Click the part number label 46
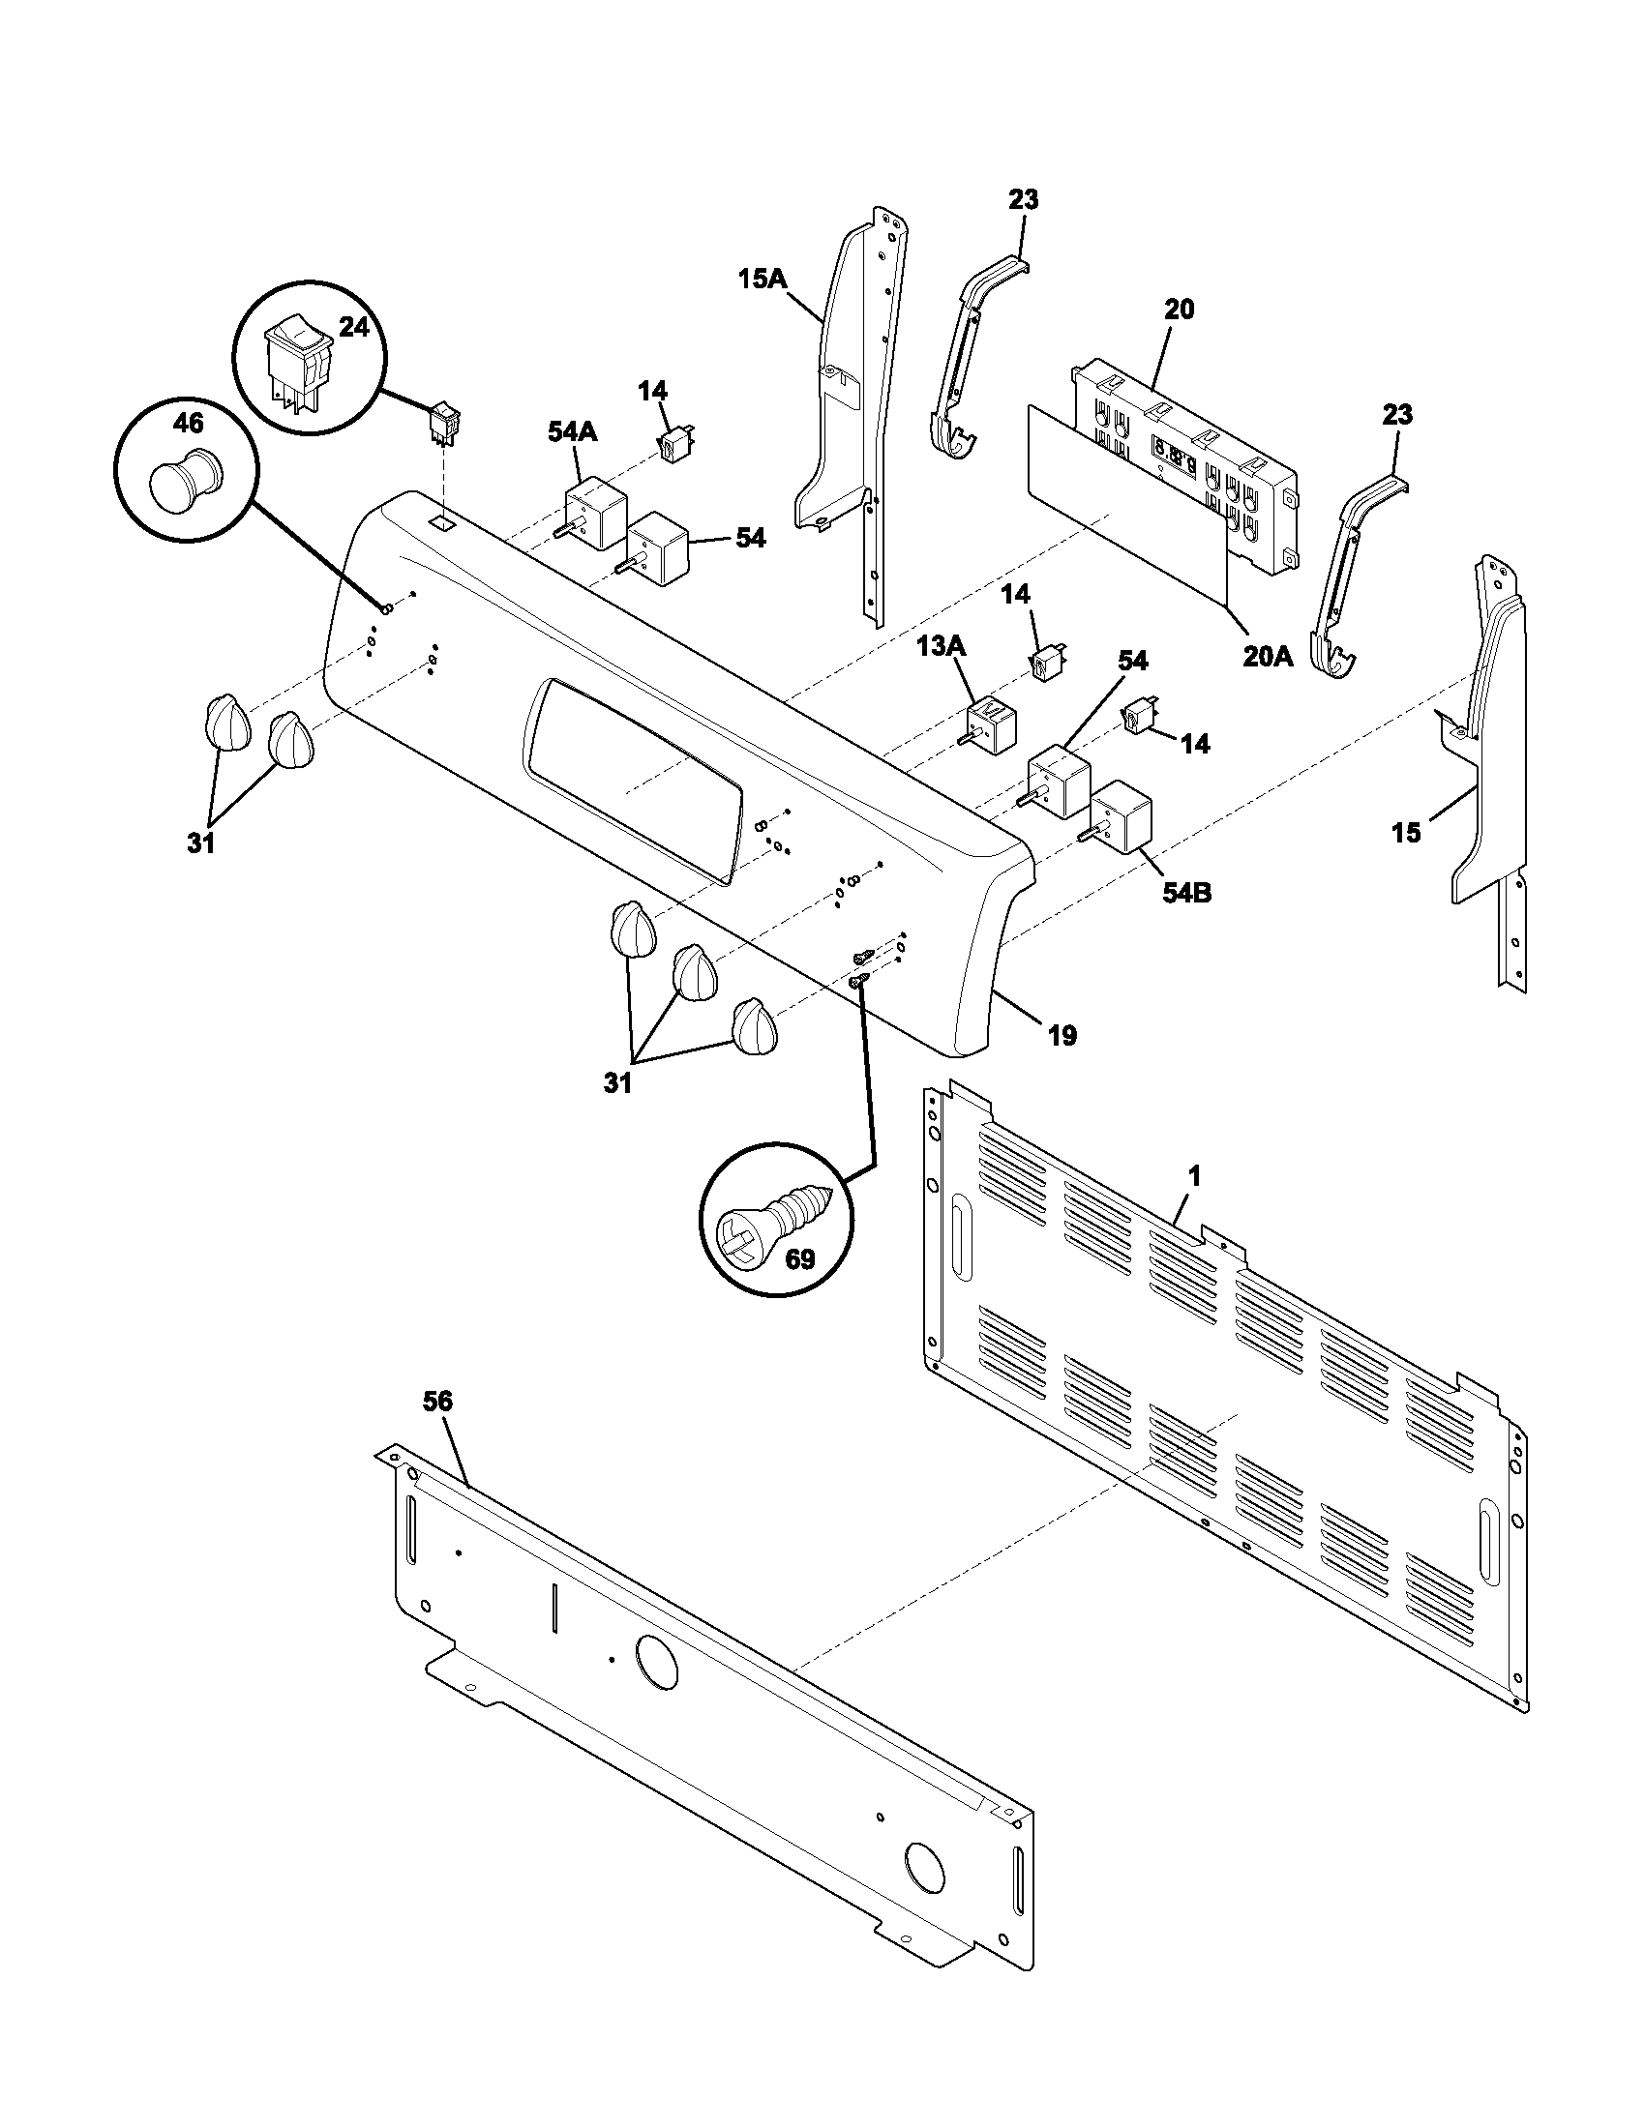click(188, 422)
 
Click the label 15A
click(763, 280)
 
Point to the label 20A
click(1267, 657)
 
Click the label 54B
click(1186, 892)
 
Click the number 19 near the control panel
click(1062, 1035)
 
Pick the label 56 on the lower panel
click(437, 1402)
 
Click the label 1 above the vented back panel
click(1194, 1176)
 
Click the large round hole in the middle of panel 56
click(656, 1662)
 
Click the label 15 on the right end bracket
click(1405, 832)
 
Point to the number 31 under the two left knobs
click(200, 843)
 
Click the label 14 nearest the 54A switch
click(653, 391)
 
